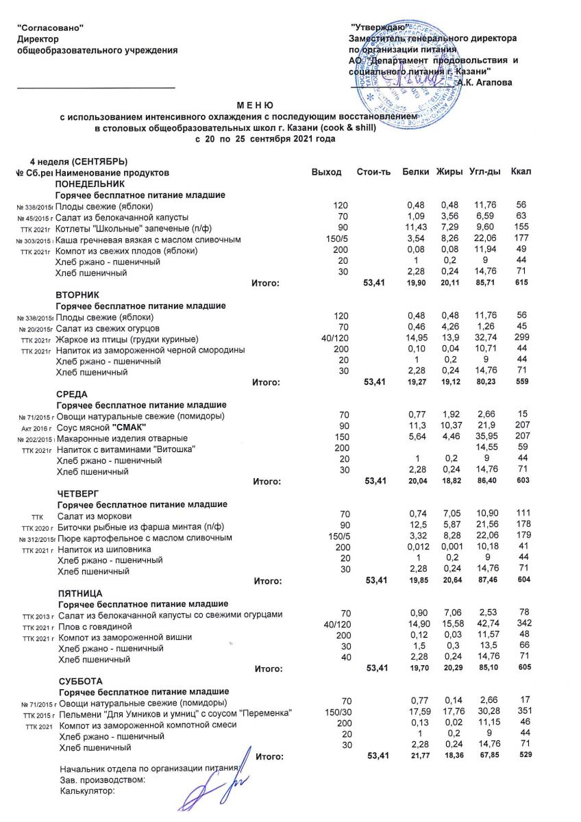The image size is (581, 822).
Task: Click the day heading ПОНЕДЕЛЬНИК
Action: click(90, 184)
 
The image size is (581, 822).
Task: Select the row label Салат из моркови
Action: click(95, 515)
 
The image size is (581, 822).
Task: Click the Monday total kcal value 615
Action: click(522, 282)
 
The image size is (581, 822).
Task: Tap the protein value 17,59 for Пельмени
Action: click(417, 713)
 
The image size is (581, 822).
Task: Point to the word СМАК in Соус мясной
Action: click(129, 427)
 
